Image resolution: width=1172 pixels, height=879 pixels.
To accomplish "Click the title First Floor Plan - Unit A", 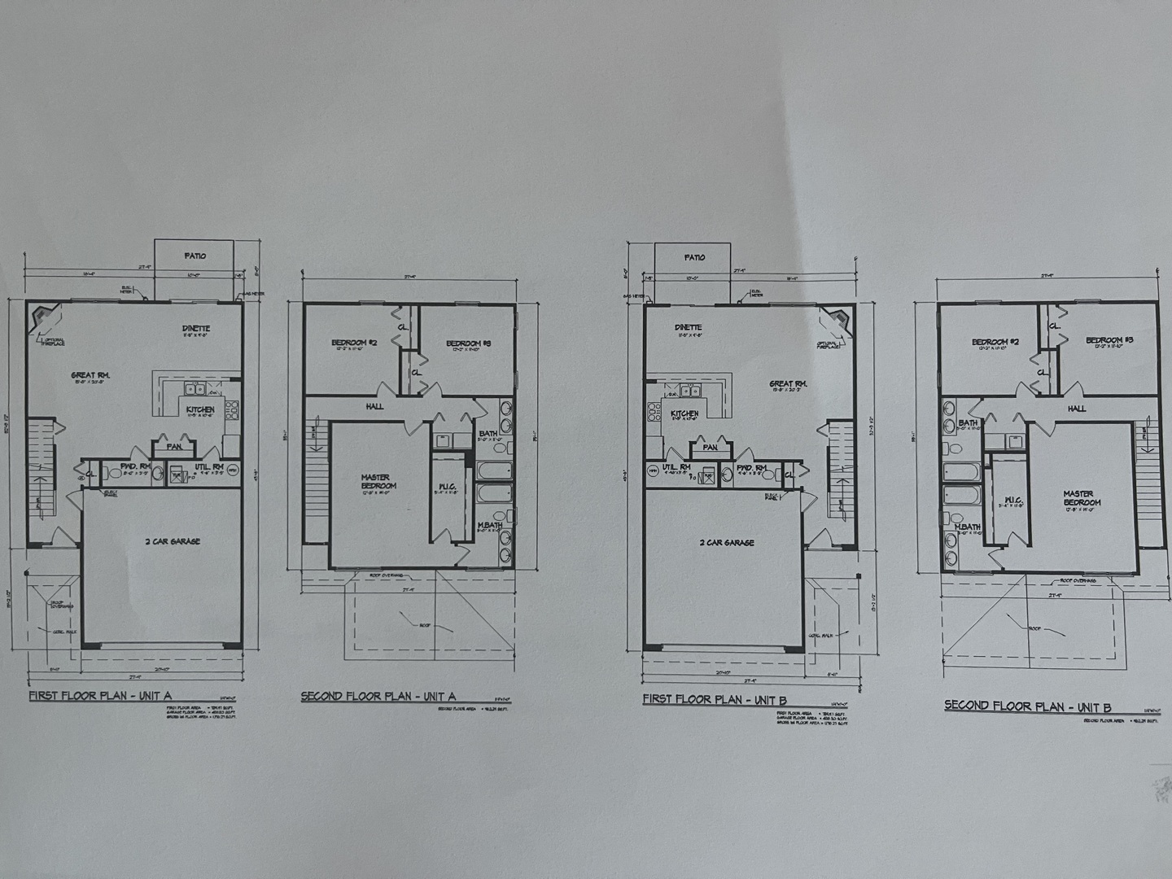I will click(99, 696).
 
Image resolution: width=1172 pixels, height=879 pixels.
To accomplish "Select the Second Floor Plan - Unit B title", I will click(1027, 706).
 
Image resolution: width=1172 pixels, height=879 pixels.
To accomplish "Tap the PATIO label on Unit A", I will click(195, 256).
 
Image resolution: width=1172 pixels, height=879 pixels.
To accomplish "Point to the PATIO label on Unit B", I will click(694, 257).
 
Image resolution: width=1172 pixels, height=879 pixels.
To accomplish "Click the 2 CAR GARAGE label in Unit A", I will click(173, 541).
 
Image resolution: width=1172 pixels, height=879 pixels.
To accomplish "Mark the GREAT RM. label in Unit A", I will click(90, 376).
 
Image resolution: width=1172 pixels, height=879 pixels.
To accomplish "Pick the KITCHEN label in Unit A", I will click(200, 409).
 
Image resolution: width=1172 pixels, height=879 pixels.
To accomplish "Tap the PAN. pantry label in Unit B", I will click(710, 447).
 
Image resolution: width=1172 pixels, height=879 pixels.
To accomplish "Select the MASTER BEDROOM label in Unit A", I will click(375, 482).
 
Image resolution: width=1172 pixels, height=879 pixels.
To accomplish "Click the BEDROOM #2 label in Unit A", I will click(353, 343).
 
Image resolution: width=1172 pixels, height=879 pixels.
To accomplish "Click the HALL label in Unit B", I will click(1076, 409).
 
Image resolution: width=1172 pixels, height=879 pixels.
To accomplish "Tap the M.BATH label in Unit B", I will click(967, 527).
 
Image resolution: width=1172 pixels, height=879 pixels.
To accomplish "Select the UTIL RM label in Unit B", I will click(676, 467).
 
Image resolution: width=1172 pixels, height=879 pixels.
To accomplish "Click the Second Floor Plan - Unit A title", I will click(378, 696).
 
